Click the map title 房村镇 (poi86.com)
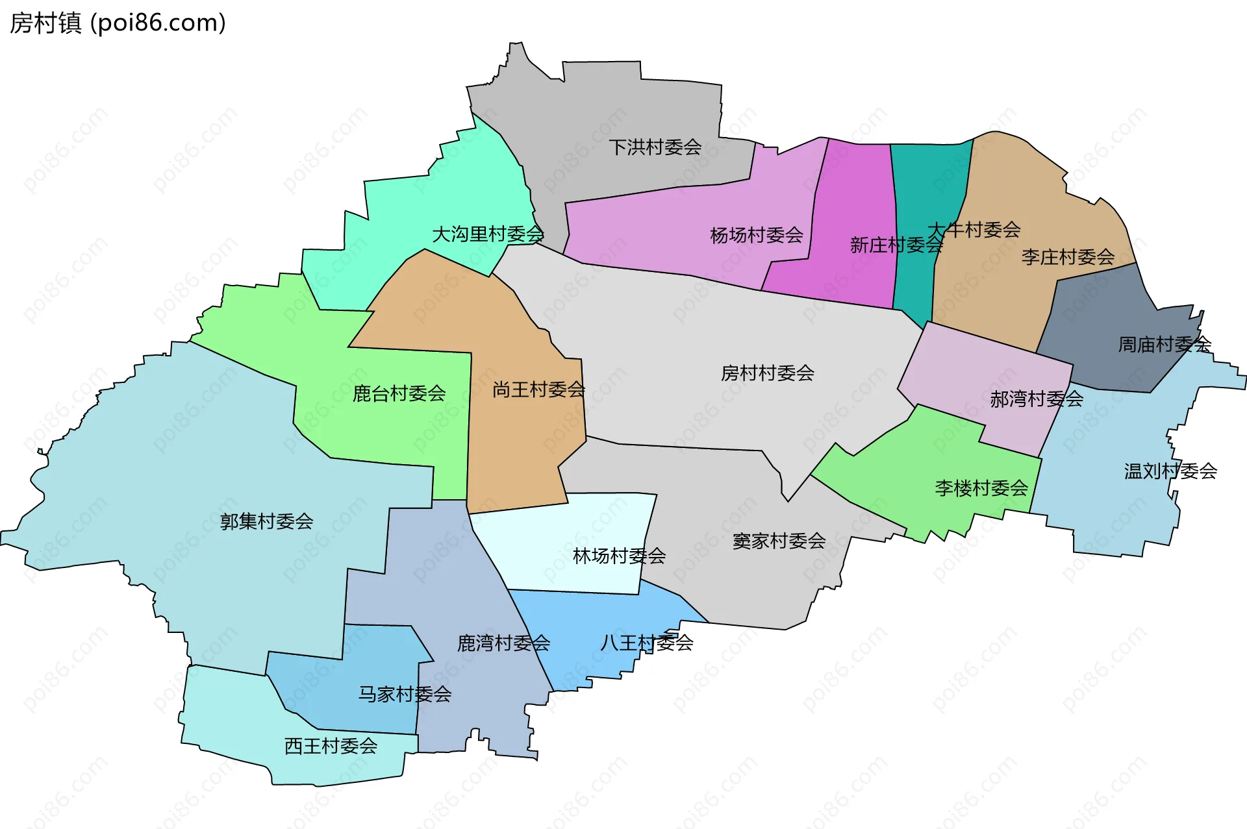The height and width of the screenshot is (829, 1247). (x=118, y=23)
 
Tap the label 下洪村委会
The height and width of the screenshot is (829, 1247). (x=655, y=147)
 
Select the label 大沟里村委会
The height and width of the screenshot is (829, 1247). (x=488, y=234)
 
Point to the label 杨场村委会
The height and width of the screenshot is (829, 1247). (x=757, y=235)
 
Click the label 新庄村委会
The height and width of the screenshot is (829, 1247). (x=896, y=245)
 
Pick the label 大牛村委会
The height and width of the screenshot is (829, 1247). (x=974, y=230)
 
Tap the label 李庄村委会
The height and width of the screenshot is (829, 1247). (x=1068, y=257)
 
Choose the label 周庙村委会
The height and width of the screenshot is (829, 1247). (x=1165, y=344)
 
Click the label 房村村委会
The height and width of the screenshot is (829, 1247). (x=767, y=373)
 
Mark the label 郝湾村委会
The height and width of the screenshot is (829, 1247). (x=1037, y=399)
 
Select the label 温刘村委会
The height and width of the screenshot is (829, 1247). (x=1170, y=471)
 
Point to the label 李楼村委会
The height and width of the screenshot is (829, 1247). (x=981, y=488)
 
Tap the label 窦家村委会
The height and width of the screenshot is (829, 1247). (x=779, y=541)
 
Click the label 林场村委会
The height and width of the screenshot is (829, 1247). (x=619, y=556)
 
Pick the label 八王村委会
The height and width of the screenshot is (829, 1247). (x=646, y=643)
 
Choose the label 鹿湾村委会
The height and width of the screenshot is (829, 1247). (x=503, y=643)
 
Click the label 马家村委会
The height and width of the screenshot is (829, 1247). (x=405, y=695)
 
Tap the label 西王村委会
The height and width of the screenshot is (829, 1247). (x=331, y=746)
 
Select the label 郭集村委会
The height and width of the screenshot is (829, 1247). (x=266, y=521)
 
